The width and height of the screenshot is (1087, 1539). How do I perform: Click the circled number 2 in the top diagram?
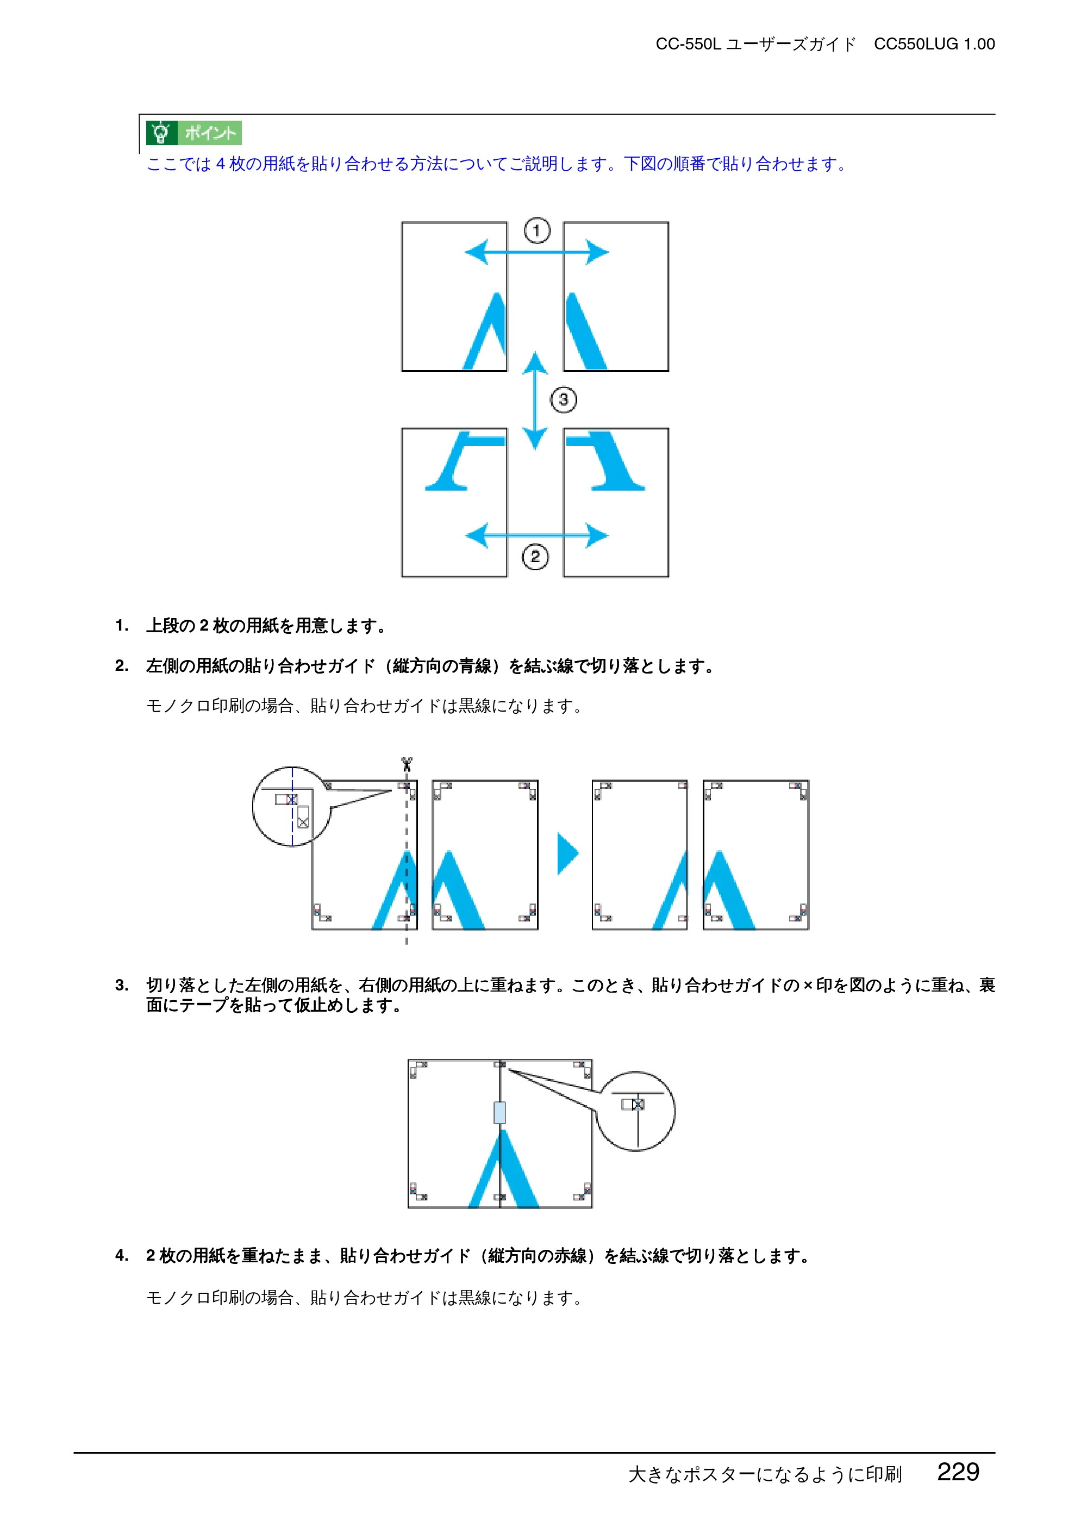coord(535,556)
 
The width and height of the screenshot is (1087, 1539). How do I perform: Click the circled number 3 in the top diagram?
coord(564,400)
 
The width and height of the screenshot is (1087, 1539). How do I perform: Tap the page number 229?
coord(958,1472)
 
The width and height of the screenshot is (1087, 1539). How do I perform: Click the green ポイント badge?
coord(193,133)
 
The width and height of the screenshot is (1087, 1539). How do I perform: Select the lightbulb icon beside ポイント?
coord(161,133)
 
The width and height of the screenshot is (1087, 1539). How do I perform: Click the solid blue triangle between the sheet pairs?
coord(567,853)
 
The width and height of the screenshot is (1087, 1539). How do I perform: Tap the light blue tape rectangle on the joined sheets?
coord(499,1112)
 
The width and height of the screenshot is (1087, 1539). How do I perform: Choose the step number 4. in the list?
coord(121,1255)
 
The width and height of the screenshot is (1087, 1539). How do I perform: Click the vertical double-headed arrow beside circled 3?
coord(535,400)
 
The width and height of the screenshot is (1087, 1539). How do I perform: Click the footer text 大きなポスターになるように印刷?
coord(765,1474)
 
